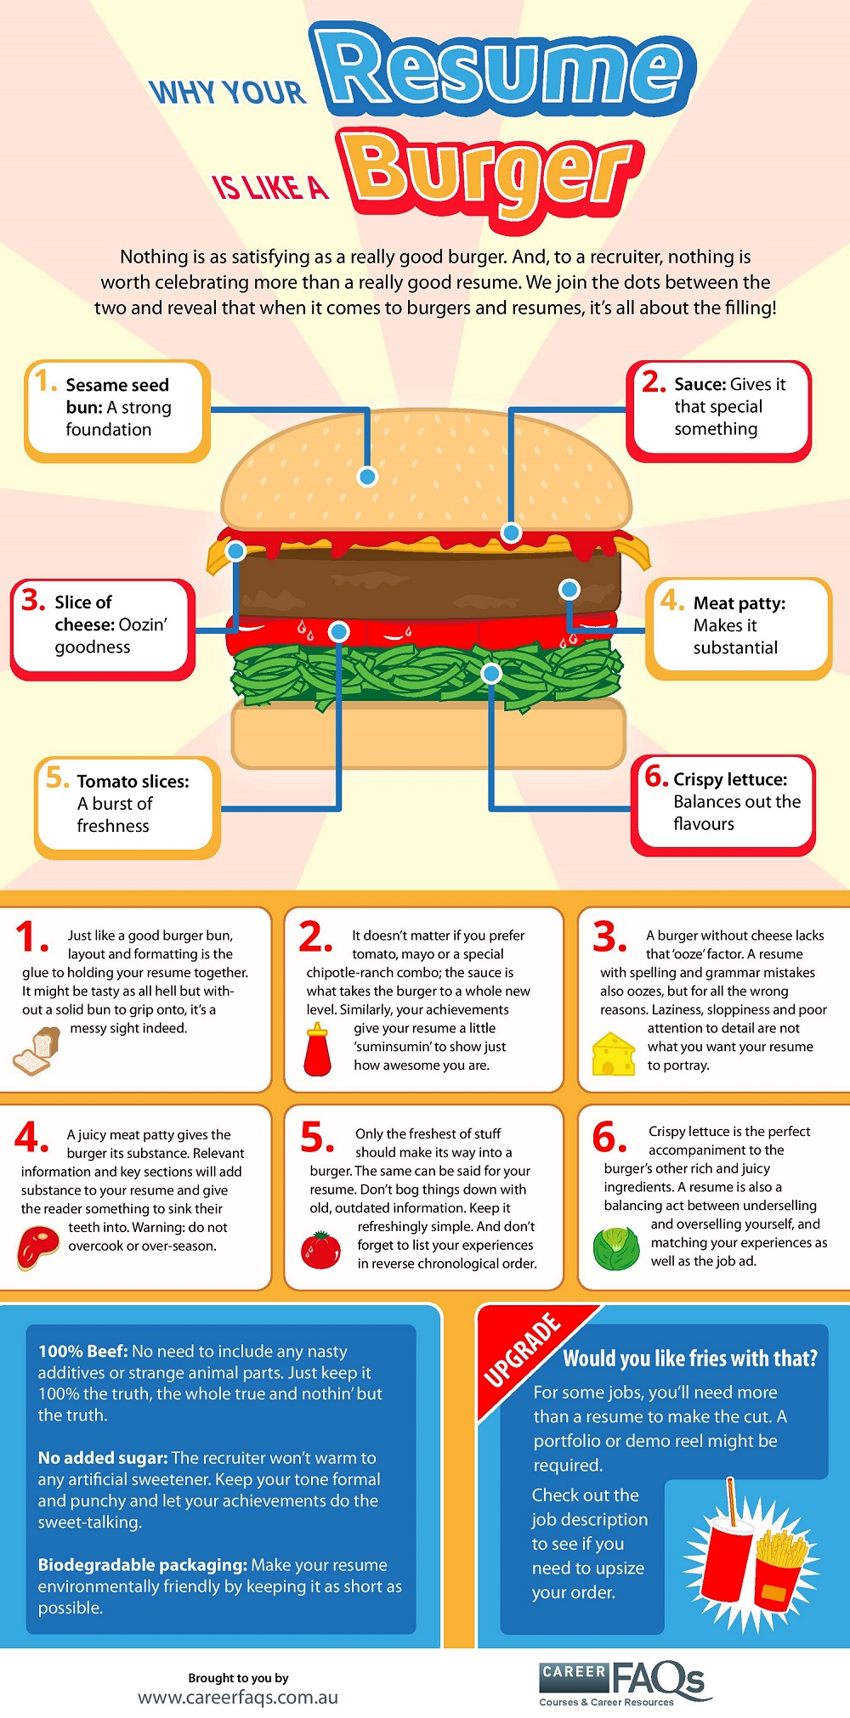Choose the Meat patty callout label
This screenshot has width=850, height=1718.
pyautogui.click(x=738, y=627)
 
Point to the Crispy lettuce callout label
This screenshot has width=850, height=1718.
pyautogui.click(x=723, y=804)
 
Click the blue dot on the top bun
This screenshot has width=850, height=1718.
pyautogui.click(x=367, y=477)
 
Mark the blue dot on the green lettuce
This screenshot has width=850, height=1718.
pyautogui.click(x=491, y=674)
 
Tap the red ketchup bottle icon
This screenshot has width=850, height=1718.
pyautogui.click(x=318, y=1050)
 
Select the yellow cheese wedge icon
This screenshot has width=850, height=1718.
pyautogui.click(x=614, y=1054)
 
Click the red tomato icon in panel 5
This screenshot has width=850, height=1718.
pyautogui.click(x=321, y=1250)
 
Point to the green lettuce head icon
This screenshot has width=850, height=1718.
pyautogui.click(x=615, y=1248)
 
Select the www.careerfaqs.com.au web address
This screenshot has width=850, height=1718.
pyautogui.click(x=238, y=1698)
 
